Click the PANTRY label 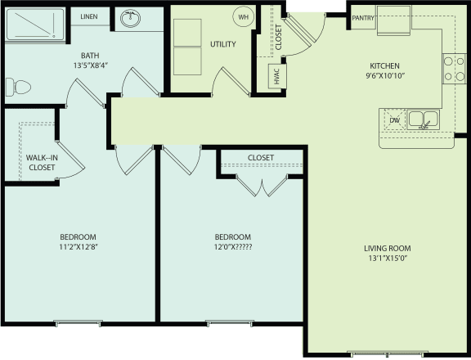[363, 17]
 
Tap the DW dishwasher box [394, 120]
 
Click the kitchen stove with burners [454, 69]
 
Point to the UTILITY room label [222, 43]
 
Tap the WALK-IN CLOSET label [41, 162]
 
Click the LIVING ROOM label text [388, 249]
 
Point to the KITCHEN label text [384, 65]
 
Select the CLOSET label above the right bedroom [260, 157]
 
